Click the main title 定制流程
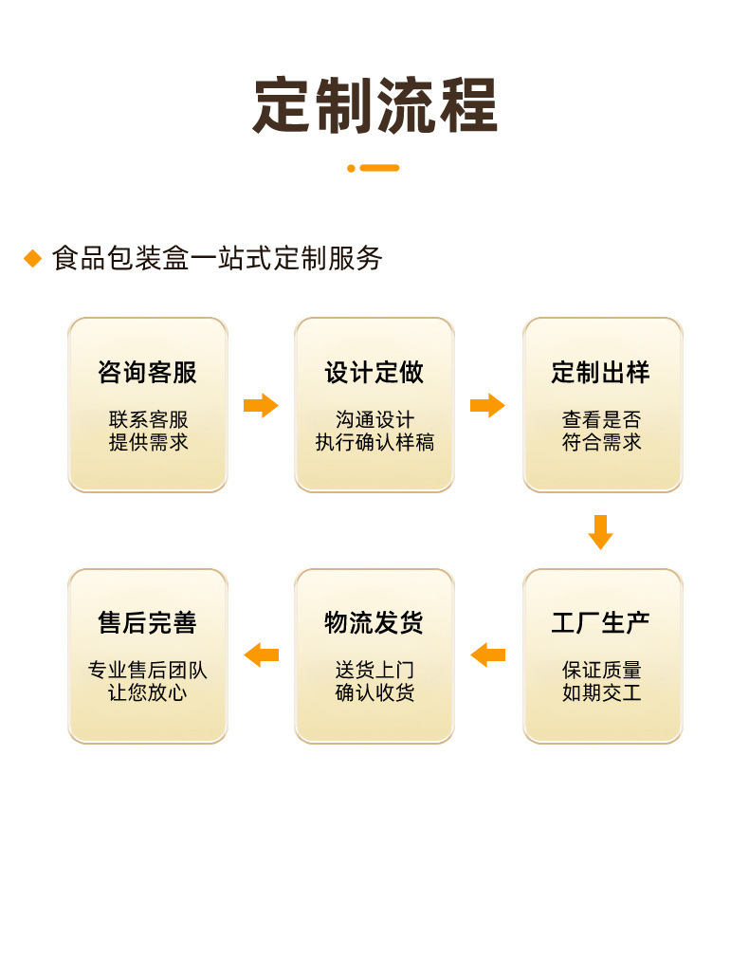click(x=374, y=105)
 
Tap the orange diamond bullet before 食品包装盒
click(x=33, y=258)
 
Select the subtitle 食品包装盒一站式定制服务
click(x=217, y=258)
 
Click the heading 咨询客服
click(x=147, y=373)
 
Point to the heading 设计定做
click(x=374, y=373)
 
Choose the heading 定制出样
click(x=601, y=373)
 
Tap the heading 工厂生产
click(x=601, y=623)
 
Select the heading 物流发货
click(x=374, y=623)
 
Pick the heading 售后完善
click(x=147, y=623)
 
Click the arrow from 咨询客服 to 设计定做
click(x=261, y=406)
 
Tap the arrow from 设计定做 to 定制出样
click(x=487, y=406)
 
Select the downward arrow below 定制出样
click(x=600, y=532)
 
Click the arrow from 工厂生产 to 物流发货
click(x=487, y=654)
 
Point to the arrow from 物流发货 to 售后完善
click(x=261, y=654)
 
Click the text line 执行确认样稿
click(x=374, y=442)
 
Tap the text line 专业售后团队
click(x=147, y=670)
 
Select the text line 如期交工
click(x=601, y=692)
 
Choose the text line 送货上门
click(x=374, y=670)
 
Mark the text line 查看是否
click(x=601, y=419)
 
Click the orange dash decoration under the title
click(x=374, y=168)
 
